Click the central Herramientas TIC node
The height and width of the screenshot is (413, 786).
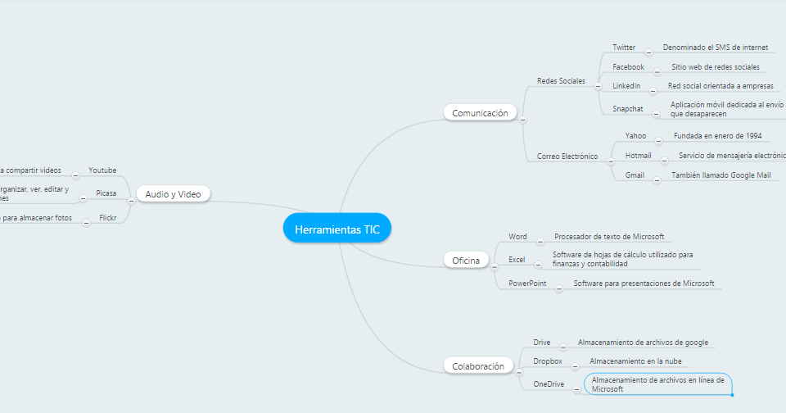click(x=337, y=229)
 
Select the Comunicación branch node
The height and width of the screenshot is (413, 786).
click(x=481, y=113)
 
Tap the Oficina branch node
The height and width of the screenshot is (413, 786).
click(x=466, y=261)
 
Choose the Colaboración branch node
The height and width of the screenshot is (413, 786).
click(x=478, y=366)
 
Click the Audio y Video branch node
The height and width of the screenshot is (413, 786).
click(x=173, y=194)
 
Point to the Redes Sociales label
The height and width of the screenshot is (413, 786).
click(x=561, y=81)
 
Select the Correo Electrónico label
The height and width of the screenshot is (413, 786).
click(x=567, y=156)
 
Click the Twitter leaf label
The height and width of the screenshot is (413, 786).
click(x=624, y=48)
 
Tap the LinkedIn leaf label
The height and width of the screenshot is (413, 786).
click(x=626, y=86)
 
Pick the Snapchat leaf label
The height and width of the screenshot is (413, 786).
click(x=628, y=108)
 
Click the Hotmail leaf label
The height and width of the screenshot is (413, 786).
click(x=638, y=155)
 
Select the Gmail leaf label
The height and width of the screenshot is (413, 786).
click(x=635, y=175)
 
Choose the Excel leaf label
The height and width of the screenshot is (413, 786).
click(x=517, y=259)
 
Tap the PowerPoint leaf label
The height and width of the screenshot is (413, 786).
click(x=527, y=283)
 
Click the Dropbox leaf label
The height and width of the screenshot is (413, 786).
click(x=548, y=361)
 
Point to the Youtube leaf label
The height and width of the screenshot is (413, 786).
click(x=102, y=170)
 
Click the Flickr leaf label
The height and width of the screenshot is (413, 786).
click(x=107, y=218)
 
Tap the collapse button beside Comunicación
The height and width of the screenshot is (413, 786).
click(x=522, y=120)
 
